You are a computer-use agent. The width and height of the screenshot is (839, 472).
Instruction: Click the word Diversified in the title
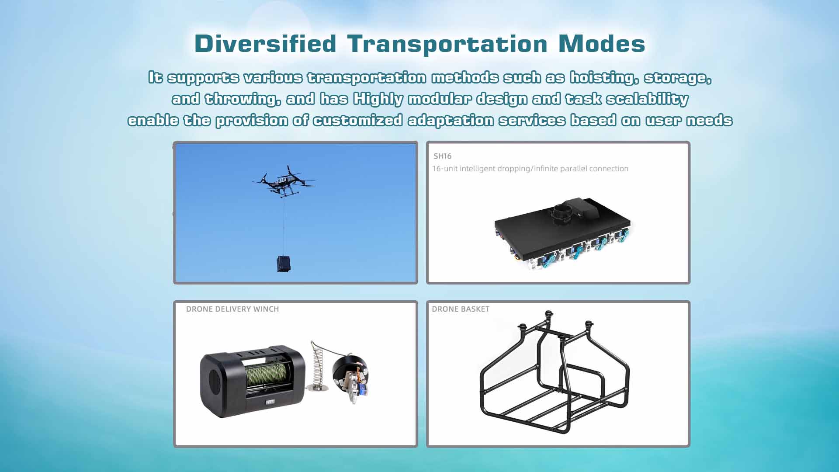(x=265, y=44)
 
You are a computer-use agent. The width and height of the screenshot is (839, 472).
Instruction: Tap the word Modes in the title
(x=602, y=44)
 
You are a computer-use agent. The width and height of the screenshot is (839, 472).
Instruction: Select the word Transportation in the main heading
(x=447, y=44)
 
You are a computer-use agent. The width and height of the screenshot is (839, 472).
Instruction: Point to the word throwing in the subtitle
(x=243, y=99)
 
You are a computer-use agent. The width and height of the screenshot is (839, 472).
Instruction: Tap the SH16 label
(x=442, y=156)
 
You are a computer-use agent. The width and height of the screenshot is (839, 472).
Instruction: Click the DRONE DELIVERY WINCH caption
(x=232, y=309)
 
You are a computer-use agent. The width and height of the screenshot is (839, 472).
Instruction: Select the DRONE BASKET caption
(x=461, y=309)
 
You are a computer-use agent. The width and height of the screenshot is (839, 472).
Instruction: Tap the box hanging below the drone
(x=284, y=264)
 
